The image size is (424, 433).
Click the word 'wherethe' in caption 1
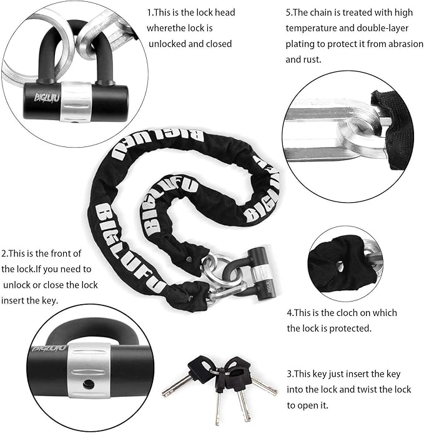tap(165, 28)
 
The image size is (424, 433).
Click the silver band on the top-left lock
tap(76, 101)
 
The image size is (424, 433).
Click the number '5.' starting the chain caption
tap(289, 12)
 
